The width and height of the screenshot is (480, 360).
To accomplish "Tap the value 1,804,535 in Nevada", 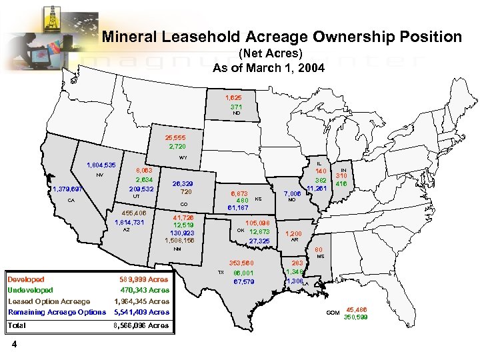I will (101, 165).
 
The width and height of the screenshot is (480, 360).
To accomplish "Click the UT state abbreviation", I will (135, 197).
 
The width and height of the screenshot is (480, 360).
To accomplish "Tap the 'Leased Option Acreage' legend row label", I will (49, 301).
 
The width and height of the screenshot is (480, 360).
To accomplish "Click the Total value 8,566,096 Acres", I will (140, 325).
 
